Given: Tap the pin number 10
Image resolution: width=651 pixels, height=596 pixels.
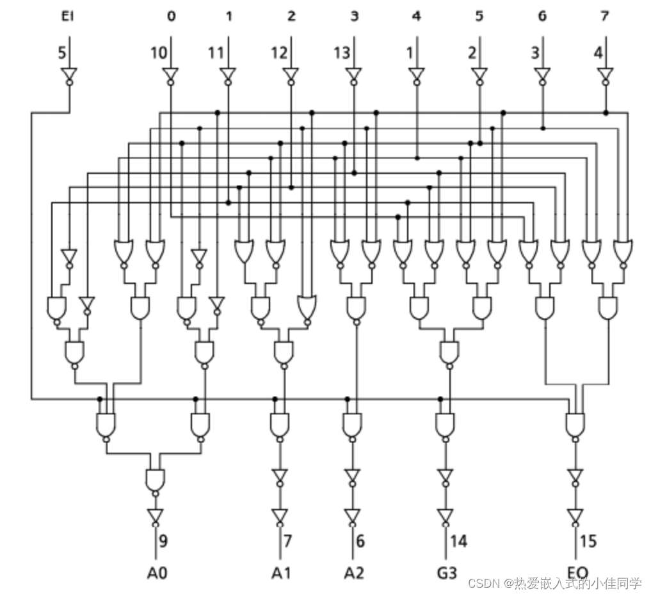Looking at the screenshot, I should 158,53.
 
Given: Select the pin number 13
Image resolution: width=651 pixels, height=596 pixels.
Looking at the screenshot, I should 341,53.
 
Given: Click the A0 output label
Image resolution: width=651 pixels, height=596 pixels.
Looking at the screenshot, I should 156,572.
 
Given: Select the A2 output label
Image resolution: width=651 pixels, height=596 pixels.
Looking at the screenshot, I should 353,572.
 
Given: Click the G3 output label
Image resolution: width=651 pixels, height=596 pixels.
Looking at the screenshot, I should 446,572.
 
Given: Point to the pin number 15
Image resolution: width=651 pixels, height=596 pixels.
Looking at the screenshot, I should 587,541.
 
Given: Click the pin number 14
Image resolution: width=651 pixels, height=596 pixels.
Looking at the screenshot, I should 458,541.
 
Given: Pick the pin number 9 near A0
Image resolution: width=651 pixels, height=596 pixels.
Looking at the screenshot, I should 163,541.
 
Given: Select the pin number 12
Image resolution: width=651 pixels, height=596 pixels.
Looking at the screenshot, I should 278,53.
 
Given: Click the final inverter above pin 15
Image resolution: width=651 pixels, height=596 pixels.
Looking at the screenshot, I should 575,515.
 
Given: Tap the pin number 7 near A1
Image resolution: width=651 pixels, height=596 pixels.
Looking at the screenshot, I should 287,541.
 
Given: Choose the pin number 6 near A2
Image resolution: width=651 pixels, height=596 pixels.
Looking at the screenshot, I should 360,541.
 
